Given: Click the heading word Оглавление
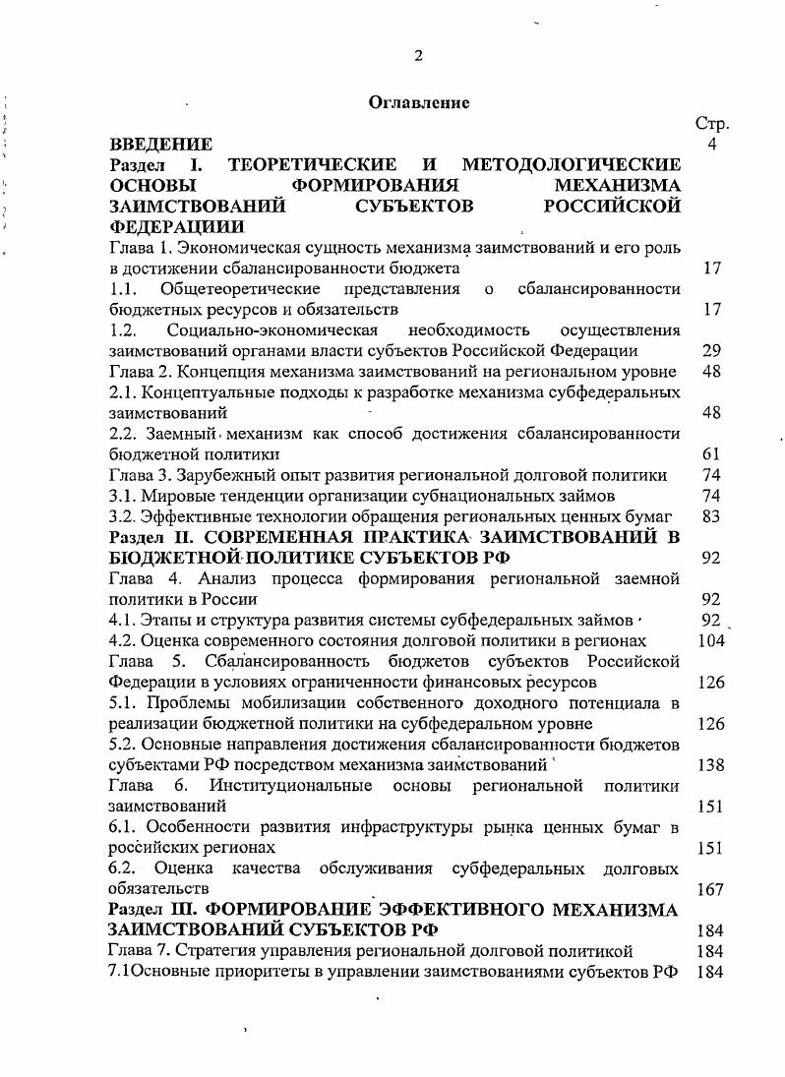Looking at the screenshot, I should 419,102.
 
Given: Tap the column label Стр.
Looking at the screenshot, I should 711,124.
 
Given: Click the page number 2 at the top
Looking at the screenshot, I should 418,55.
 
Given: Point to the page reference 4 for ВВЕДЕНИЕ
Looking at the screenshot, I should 712,145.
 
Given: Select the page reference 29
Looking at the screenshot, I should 712,350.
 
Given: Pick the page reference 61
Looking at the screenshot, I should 712,453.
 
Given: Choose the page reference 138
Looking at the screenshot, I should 710,763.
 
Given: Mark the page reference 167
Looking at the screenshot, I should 710,888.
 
